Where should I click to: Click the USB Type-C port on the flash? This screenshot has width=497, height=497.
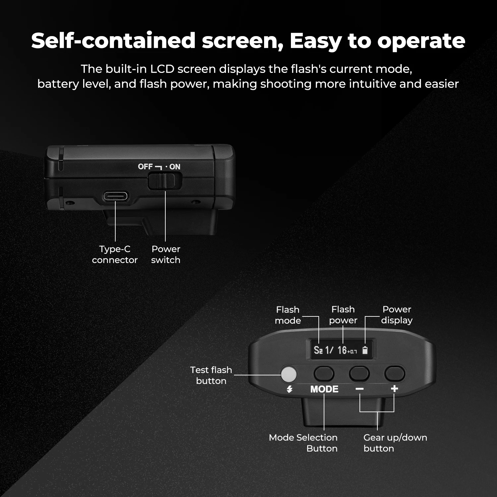[115, 196]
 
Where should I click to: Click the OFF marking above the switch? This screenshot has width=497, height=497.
[145, 167]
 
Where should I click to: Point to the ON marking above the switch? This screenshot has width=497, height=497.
[175, 167]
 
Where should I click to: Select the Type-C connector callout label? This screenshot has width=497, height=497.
[115, 254]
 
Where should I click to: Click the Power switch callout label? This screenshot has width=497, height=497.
[166, 254]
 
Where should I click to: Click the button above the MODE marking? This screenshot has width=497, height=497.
[324, 374]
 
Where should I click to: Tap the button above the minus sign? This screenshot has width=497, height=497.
[359, 374]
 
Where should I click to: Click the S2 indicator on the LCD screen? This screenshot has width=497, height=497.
[318, 350]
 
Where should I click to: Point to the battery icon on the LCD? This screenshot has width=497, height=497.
[365, 350]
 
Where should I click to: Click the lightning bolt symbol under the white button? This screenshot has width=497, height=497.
[290, 389]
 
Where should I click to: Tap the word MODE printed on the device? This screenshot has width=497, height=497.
[324, 389]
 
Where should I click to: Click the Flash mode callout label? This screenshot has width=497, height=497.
[288, 315]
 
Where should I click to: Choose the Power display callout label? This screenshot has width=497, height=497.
[397, 315]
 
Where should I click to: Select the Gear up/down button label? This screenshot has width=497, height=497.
[395, 443]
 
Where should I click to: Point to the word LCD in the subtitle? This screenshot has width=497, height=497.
[162, 69]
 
